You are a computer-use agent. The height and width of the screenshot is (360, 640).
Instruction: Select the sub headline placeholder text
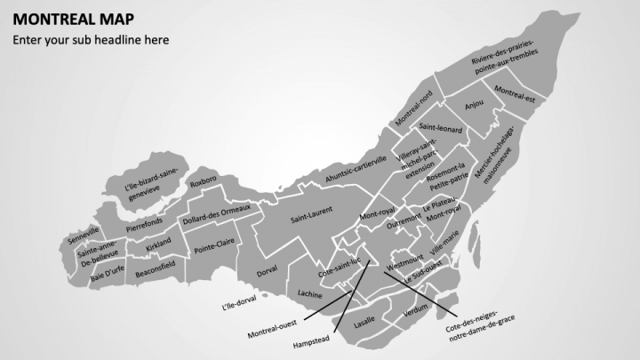coord(90,39)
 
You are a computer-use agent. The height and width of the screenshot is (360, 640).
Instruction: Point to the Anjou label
coord(475,104)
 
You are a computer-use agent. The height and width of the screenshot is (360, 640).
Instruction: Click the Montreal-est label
coord(515,91)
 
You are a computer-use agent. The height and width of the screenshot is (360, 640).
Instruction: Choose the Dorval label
coord(267,269)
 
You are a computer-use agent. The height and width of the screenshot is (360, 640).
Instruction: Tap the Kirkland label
coord(159,243)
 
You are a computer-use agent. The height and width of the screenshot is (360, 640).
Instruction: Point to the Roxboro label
coord(204,183)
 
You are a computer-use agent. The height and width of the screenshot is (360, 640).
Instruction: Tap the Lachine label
coord(310,292)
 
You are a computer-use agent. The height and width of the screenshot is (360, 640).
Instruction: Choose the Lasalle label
coord(364,324)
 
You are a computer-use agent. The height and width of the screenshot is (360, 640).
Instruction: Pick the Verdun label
coord(415,314)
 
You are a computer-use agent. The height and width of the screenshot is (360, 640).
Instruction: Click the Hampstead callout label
coord(311,340)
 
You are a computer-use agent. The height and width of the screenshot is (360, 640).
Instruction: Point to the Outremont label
coord(404,216)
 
